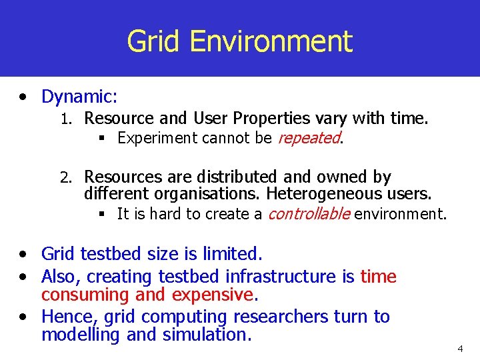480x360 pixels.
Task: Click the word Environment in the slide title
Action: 270,41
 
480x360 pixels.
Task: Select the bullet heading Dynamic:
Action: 79,97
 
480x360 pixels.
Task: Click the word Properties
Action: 272,119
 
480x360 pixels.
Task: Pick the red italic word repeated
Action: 308,138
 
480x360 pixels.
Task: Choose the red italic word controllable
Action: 309,214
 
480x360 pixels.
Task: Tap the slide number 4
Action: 459,349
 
